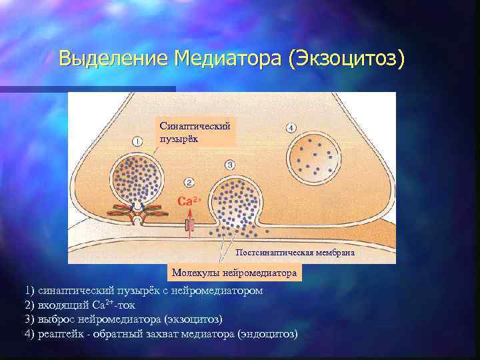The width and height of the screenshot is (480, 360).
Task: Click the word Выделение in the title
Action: tap(113, 59)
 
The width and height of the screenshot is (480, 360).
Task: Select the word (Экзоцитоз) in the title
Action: tap(347, 59)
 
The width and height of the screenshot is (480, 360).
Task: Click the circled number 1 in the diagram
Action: tap(137, 141)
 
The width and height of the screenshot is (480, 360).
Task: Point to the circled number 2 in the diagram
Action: tap(189, 182)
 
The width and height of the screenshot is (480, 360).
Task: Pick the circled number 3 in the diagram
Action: tap(230, 164)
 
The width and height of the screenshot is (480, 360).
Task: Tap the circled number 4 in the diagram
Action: tap(291, 127)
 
